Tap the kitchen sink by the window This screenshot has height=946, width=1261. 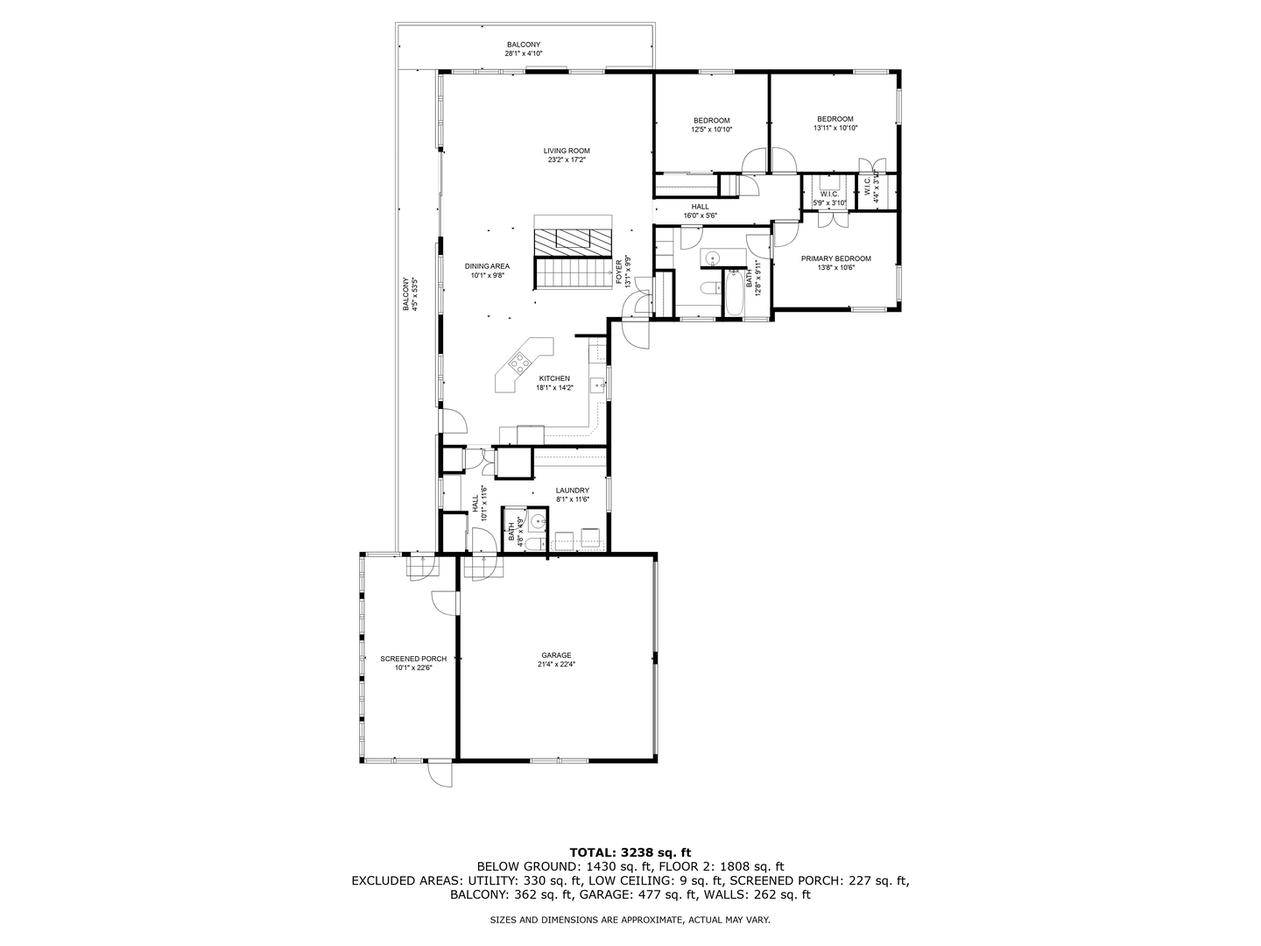(598, 384)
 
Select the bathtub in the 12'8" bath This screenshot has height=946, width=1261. (732, 293)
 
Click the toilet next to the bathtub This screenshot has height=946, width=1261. (708, 288)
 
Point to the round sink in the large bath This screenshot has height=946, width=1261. (712, 258)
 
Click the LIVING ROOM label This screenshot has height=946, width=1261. (567, 151)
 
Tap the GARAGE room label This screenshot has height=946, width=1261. (556, 655)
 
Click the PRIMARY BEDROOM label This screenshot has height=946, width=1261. (835, 258)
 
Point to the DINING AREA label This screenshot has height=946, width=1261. (487, 266)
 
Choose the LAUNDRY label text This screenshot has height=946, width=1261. (573, 491)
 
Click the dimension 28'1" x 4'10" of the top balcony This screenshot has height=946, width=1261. (524, 53)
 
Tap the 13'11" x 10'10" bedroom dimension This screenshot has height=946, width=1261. (835, 128)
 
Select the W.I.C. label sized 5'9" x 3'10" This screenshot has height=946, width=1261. (829, 194)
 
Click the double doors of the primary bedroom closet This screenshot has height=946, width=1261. (832, 219)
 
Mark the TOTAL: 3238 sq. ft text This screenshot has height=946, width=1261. (630, 851)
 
